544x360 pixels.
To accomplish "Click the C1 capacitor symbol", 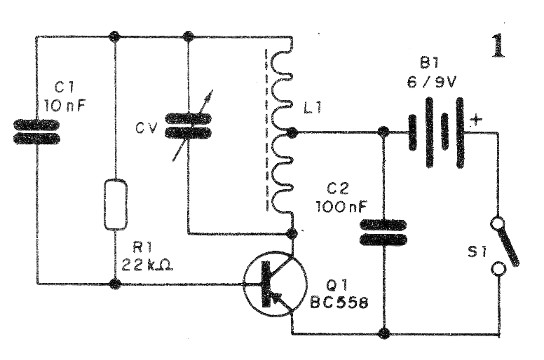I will tap(36, 132).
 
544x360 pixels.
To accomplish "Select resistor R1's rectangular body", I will tap(116, 205).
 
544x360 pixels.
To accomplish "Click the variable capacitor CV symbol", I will tap(189, 125).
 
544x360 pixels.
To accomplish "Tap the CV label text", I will tap(147, 128).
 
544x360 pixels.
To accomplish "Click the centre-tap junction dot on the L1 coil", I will tap(292, 132).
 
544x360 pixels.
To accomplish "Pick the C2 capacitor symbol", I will tap(383, 233).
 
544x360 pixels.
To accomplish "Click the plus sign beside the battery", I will tap(477, 119).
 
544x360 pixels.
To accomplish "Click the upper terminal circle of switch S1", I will tap(498, 223).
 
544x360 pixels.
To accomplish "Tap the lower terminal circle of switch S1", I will tap(498, 268).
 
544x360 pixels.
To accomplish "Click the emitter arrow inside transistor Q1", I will tap(279, 299).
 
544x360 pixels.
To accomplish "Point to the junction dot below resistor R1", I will tap(116, 284).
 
